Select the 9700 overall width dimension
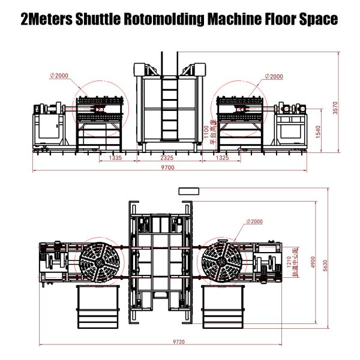point(167,168)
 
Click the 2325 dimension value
point(167,158)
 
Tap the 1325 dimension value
point(221,158)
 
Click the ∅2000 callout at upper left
point(60,76)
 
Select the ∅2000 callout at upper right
point(274,76)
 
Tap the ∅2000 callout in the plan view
point(253,221)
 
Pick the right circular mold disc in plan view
point(221,262)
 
